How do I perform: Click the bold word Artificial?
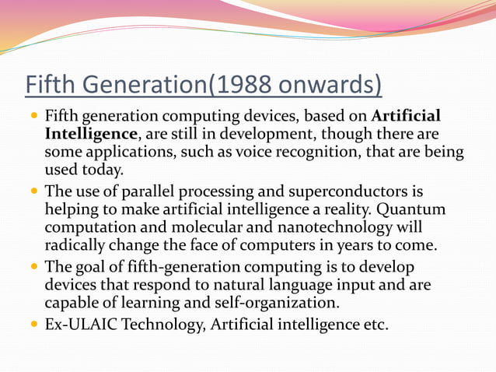407,117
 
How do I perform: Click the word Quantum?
397,209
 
